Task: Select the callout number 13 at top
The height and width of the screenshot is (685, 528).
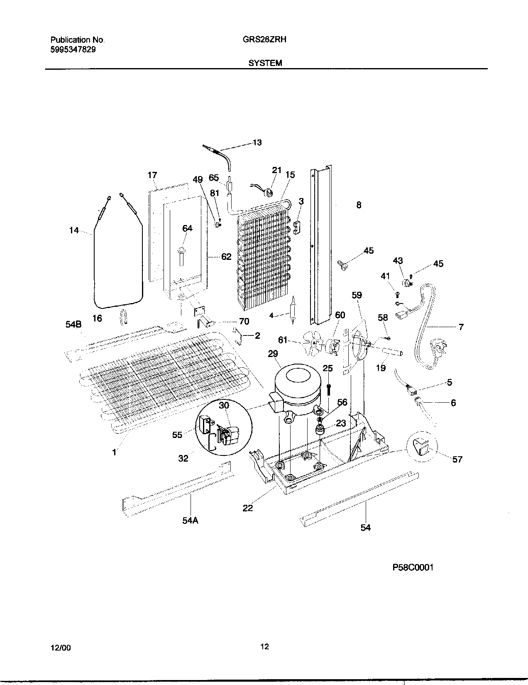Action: [257, 142]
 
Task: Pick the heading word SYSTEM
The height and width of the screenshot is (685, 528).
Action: [265, 63]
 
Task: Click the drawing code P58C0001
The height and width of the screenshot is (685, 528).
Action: [413, 568]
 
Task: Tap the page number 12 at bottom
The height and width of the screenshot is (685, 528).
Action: [264, 646]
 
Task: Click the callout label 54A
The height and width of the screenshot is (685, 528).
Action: [190, 520]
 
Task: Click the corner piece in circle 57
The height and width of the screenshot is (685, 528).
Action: [423, 448]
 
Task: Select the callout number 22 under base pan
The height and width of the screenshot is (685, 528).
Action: [247, 508]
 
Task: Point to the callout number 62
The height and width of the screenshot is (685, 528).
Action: [226, 257]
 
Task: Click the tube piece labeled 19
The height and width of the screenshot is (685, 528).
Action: [392, 353]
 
